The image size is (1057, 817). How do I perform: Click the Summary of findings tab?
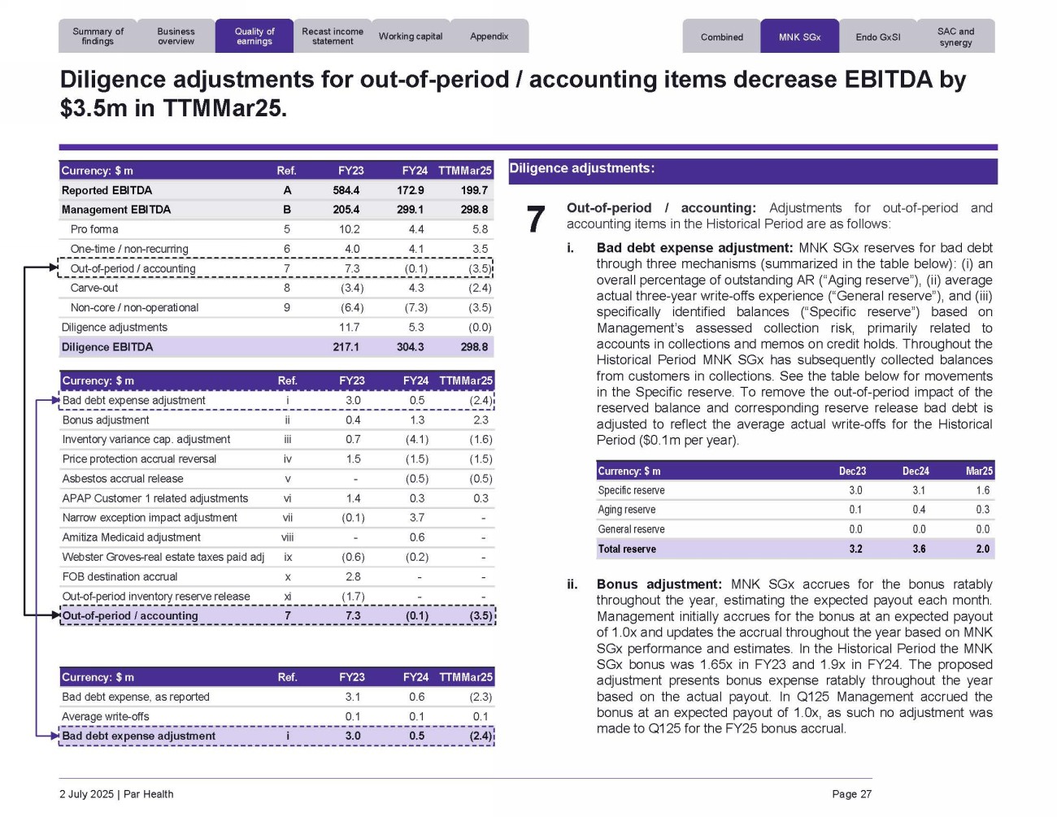(98, 37)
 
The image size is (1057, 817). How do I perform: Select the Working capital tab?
(411, 37)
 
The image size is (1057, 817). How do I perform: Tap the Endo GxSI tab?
(878, 37)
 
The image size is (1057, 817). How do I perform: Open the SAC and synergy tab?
(955, 37)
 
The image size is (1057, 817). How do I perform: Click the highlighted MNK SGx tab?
(799, 37)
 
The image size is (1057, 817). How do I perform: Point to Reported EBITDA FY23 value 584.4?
(346, 190)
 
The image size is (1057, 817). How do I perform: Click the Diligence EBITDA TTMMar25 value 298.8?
(474, 347)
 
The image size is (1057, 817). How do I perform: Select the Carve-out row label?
(94, 288)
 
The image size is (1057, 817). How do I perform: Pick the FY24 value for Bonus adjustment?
(416, 420)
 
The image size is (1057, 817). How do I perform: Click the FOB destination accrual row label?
(120, 576)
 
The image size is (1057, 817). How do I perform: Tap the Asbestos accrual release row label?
(123, 479)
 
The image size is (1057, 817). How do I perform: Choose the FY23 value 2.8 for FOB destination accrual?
(353, 576)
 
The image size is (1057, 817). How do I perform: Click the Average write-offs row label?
(106, 716)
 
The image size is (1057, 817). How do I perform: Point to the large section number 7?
(535, 219)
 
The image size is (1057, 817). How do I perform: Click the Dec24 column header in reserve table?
(916, 472)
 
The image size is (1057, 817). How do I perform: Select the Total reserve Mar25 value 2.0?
(982, 549)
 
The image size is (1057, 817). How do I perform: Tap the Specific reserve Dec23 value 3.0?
(855, 490)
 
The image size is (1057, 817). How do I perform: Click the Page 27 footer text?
(851, 794)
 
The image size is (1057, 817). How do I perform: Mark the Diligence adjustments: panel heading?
(581, 168)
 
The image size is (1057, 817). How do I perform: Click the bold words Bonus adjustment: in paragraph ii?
(659, 585)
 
